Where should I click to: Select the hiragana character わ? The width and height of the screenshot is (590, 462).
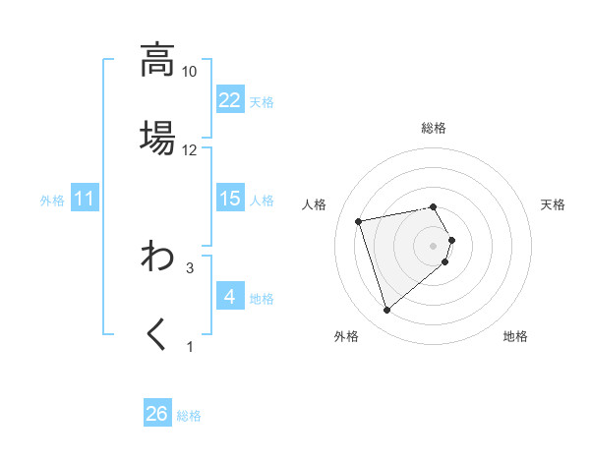coord(157,258)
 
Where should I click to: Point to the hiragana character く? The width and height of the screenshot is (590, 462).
coord(157,334)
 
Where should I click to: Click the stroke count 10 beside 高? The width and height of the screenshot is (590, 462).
coord(190,72)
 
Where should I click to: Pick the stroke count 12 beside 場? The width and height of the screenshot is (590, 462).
coord(190,149)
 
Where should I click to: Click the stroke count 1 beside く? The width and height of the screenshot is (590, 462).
coord(190,346)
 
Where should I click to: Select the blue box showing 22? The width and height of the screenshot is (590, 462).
coord(230,100)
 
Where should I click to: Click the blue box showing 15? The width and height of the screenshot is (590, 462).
coord(230,199)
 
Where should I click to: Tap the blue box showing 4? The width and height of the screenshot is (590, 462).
coord(230,297)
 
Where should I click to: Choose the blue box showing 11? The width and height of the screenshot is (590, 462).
coord(85,200)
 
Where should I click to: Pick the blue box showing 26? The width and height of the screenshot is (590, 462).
coord(157,414)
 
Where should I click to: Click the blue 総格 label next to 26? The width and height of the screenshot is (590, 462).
coord(189,416)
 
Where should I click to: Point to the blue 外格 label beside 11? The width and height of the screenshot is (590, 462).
coord(52,201)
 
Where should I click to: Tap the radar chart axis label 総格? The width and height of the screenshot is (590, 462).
coord(434,128)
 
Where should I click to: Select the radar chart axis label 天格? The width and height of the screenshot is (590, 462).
coord(553,204)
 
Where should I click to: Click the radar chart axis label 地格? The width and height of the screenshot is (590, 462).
coord(515,336)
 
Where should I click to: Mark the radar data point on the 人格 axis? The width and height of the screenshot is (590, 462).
coord(359,220)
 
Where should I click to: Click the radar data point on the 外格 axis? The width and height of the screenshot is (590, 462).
coord(387,310)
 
